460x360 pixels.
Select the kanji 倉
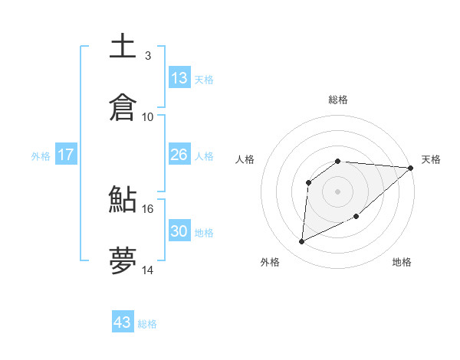pyautogui.click(x=123, y=107)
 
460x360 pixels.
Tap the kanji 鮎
pyautogui.click(x=123, y=200)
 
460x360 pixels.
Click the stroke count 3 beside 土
pyautogui.click(x=147, y=55)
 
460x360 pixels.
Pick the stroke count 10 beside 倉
pyautogui.click(x=148, y=116)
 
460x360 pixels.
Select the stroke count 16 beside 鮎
pyautogui.click(x=148, y=208)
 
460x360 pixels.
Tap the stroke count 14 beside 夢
pyautogui.click(x=148, y=270)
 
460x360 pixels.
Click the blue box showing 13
pyautogui.click(x=179, y=78)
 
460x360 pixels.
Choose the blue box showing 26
pyautogui.click(x=179, y=155)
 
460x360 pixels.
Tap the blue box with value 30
pyautogui.click(x=179, y=231)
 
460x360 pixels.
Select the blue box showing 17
pyautogui.click(x=66, y=155)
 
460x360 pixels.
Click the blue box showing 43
pyautogui.click(x=123, y=322)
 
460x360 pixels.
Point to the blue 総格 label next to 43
pyautogui.click(x=147, y=324)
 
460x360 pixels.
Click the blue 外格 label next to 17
pyautogui.click(x=41, y=156)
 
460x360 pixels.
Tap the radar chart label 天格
pyautogui.click(x=431, y=159)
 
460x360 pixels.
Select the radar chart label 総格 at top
pyautogui.click(x=338, y=100)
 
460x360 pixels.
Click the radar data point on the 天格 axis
pyautogui.click(x=411, y=168)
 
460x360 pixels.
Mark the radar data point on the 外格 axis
pyautogui.click(x=301, y=242)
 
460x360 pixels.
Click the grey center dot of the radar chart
pyautogui.click(x=338, y=191)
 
